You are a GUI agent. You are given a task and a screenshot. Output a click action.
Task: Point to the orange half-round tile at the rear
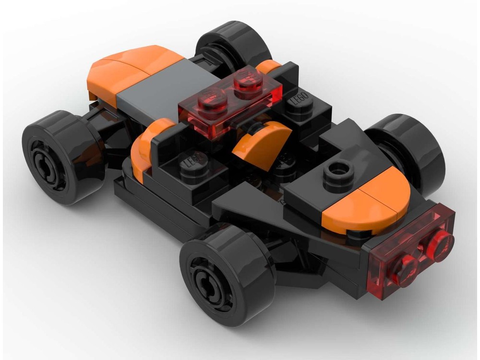click(x=367, y=202)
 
